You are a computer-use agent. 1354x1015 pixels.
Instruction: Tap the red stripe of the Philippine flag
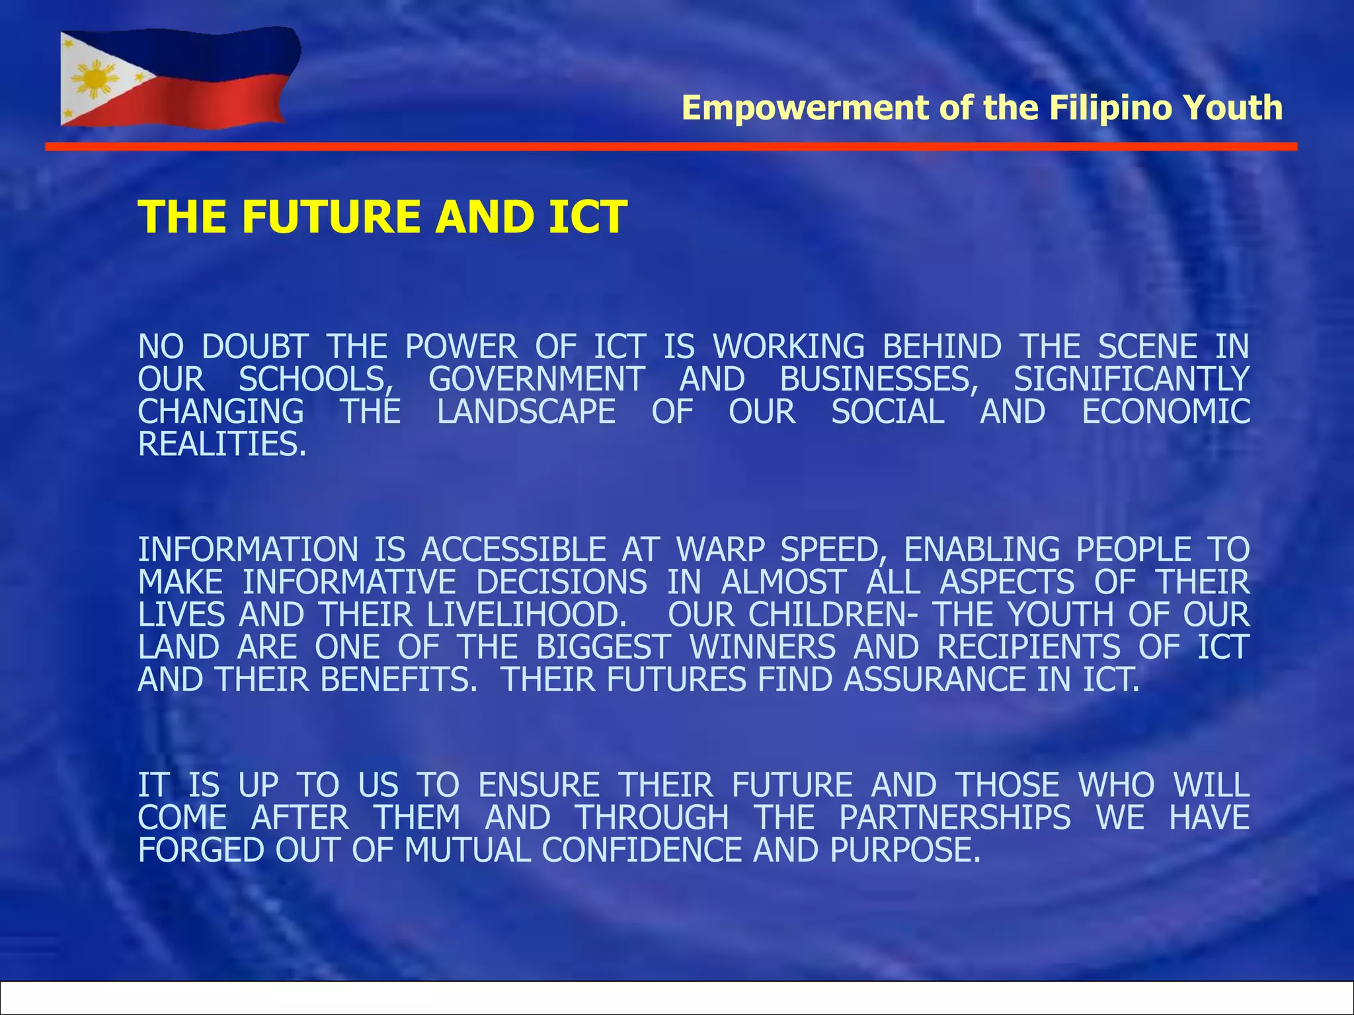pyautogui.click(x=218, y=102)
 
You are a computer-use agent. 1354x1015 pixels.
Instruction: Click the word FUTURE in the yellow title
pyautogui.click(x=331, y=217)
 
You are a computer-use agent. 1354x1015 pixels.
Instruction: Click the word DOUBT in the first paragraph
pyautogui.click(x=255, y=347)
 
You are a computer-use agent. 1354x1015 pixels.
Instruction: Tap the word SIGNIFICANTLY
pyautogui.click(x=1131, y=379)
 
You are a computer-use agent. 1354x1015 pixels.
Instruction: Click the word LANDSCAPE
pyautogui.click(x=526, y=412)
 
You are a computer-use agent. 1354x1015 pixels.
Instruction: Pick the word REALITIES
pyautogui.click(x=222, y=444)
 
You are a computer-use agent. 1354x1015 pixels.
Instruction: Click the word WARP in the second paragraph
pyautogui.click(x=721, y=550)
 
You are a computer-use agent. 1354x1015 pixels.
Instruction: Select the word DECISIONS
pyautogui.click(x=561, y=582)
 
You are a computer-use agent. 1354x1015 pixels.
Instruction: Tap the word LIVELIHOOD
pyautogui.click(x=526, y=615)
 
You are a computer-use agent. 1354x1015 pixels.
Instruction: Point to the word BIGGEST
pyautogui.click(x=604, y=647)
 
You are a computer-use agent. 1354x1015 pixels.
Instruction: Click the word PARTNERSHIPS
pyautogui.click(x=955, y=817)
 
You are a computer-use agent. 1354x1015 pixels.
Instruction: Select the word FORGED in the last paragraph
pyautogui.click(x=201, y=850)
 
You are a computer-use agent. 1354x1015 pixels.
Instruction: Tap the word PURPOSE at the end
pyautogui.click(x=904, y=850)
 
